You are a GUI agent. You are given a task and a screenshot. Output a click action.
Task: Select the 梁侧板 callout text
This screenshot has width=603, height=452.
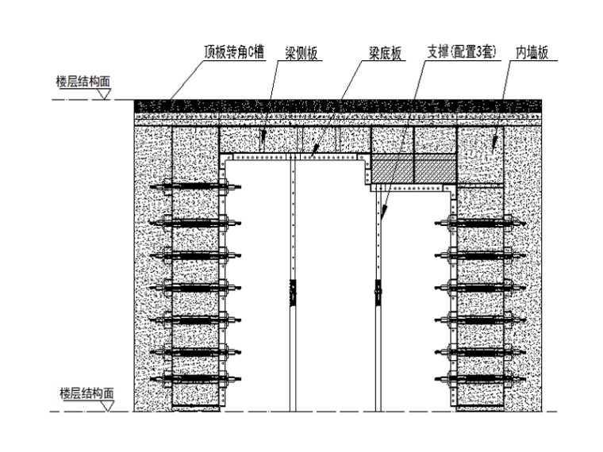click(x=301, y=53)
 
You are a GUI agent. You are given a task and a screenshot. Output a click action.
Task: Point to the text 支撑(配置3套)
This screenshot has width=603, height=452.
click(x=462, y=53)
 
